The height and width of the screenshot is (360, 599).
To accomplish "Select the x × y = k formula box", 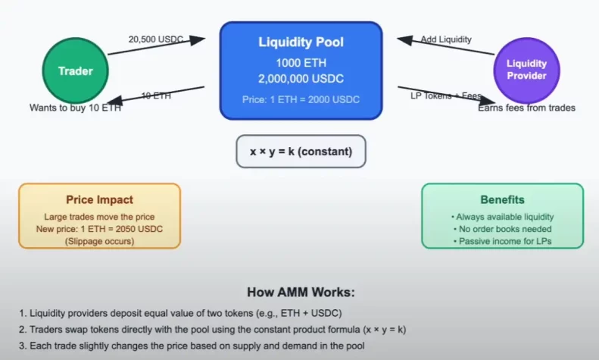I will [301, 152].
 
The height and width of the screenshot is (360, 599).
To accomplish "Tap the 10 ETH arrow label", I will [155, 95].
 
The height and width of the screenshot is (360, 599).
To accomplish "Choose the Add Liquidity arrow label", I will [447, 39].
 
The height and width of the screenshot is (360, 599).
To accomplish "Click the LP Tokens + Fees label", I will [441, 95].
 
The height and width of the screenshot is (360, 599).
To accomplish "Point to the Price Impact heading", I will [100, 200].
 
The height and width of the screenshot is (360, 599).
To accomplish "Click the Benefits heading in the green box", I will [502, 200].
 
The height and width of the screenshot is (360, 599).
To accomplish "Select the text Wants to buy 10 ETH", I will [75, 108].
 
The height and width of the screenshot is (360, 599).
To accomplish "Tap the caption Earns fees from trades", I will [526, 108].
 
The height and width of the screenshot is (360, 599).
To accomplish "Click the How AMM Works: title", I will [300, 292].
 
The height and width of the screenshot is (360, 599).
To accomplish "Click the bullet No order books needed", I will [503, 229].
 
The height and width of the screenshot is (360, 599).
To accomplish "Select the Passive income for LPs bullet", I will [503, 240].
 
